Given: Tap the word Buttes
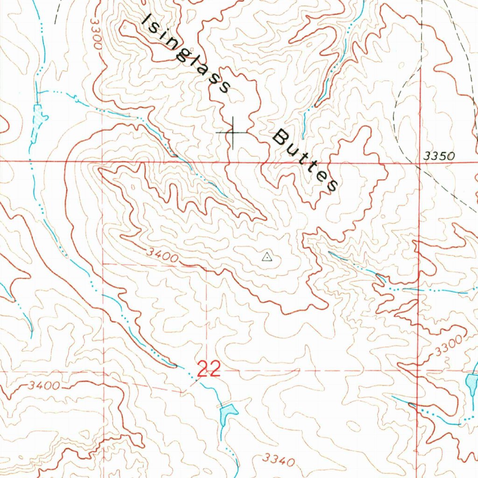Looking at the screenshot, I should (x=306, y=162).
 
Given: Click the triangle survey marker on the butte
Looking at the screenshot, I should (x=266, y=256).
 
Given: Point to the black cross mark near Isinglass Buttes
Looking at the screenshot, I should (x=232, y=133).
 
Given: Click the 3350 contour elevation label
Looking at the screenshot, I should (x=439, y=156).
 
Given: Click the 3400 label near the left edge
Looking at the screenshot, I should (x=43, y=386).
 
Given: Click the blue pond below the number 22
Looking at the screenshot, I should (x=228, y=412).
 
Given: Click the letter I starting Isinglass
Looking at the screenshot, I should (x=148, y=20).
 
